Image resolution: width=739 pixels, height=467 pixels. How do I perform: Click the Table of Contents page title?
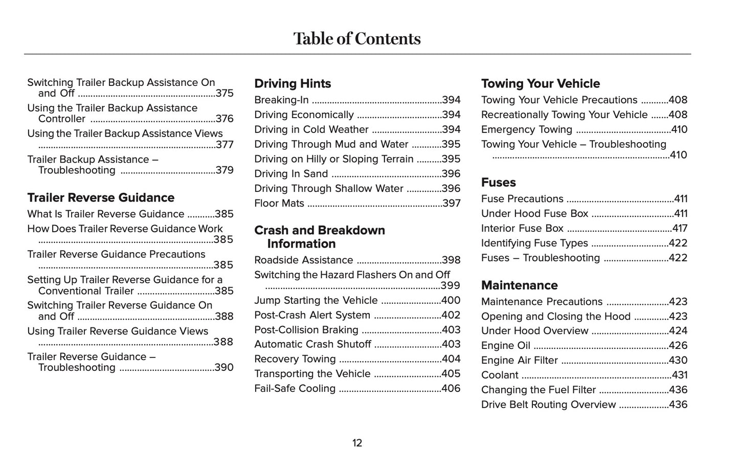pyautogui.click(x=357, y=39)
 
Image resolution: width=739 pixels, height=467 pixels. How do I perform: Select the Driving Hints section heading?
pyautogui.click(x=293, y=83)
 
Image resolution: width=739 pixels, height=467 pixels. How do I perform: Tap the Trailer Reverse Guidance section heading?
pyautogui.click(x=101, y=197)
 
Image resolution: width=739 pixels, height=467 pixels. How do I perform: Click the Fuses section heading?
pyautogui.click(x=498, y=182)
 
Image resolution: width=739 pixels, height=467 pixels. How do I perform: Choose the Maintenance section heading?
pyautogui.click(x=519, y=285)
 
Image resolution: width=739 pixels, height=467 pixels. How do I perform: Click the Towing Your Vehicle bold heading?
pyautogui.click(x=541, y=83)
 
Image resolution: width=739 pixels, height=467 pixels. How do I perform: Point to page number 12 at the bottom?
pyautogui.click(x=357, y=443)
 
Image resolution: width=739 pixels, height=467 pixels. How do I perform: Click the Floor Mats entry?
pyautogui.click(x=279, y=203)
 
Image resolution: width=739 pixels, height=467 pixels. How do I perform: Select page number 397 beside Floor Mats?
pyautogui.click(x=452, y=203)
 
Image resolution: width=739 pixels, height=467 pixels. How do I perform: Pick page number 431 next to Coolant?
pyautogui.click(x=679, y=375)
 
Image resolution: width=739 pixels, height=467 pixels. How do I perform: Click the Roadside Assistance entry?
pyautogui.click(x=304, y=260)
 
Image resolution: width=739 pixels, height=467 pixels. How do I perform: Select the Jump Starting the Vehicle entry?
pyautogui.click(x=316, y=300)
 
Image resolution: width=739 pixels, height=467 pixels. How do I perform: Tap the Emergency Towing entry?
pyautogui.click(x=527, y=129)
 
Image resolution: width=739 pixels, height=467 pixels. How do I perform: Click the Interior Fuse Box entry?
pyautogui.click(x=522, y=228)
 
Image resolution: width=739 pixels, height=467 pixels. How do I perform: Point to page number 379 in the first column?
pyautogui.click(x=225, y=170)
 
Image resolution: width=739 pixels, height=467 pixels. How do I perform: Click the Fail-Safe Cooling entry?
pyautogui.click(x=295, y=388)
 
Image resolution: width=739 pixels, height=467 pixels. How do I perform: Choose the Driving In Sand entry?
pyautogui.click(x=291, y=174)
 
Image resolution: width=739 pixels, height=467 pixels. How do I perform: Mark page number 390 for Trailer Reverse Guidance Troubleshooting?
pyautogui.click(x=224, y=367)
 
